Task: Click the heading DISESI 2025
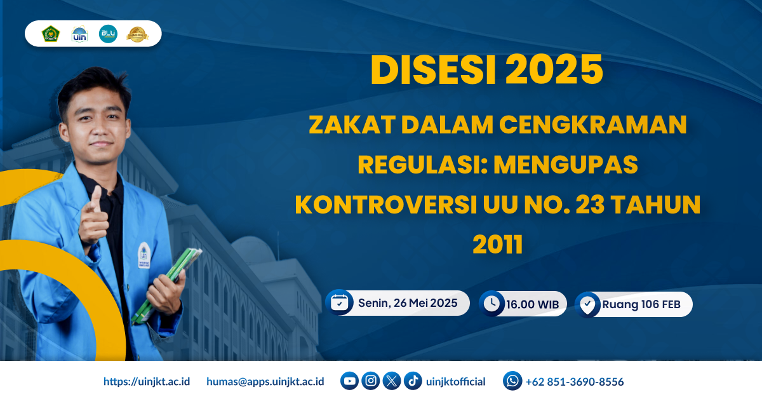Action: tap(486, 71)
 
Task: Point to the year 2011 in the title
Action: tap(497, 245)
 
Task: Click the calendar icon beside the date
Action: tap(340, 303)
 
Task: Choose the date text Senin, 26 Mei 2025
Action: tap(408, 303)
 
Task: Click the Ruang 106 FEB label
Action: tap(641, 305)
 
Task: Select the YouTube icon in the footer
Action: tap(349, 381)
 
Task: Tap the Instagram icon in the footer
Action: tap(371, 381)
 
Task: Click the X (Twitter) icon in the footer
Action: tap(392, 381)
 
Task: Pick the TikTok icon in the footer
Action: tap(413, 381)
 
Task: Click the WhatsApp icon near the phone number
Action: tap(512, 381)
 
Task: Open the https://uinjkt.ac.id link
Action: tap(147, 382)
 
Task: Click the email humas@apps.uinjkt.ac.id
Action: tap(265, 382)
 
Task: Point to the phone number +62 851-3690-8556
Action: tap(575, 382)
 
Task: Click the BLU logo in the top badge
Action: tap(108, 34)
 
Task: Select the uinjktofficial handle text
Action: tap(456, 382)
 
